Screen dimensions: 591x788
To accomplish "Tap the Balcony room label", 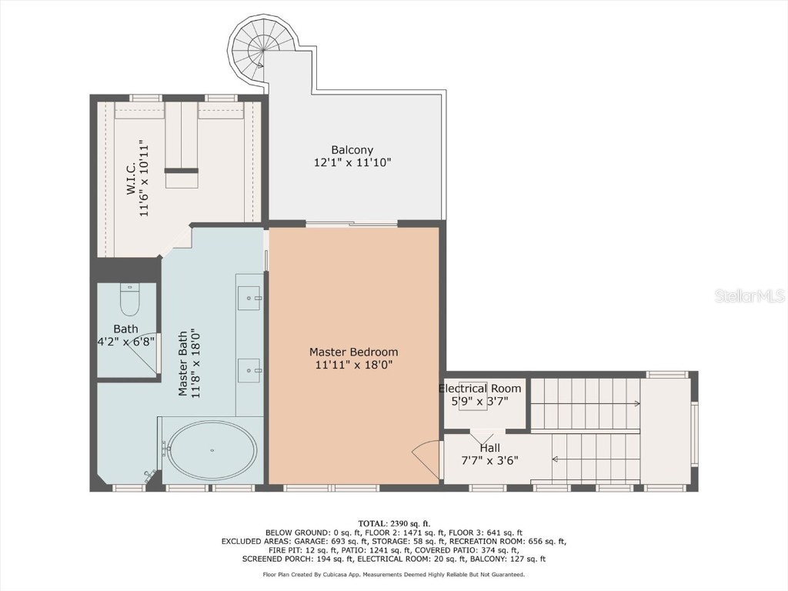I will pos(352,150).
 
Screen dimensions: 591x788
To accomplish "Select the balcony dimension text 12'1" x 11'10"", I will pos(352,163).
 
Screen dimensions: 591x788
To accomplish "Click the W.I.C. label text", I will pos(131,177).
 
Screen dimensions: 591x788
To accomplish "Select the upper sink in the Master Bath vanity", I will pos(249,296).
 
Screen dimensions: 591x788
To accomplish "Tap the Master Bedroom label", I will pos(354,352).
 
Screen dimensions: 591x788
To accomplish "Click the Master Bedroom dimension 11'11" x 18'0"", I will pos(354,366).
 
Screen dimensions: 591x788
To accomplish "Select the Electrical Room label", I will pos(480,389).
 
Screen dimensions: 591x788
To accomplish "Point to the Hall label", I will pos(489,448).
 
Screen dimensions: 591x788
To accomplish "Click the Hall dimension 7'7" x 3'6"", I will pos(489,461).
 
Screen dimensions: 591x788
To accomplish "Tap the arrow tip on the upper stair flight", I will pos(637,403).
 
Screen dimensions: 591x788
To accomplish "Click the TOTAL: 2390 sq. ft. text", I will pos(393,523).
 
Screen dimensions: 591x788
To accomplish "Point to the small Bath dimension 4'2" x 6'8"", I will pos(126,341).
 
